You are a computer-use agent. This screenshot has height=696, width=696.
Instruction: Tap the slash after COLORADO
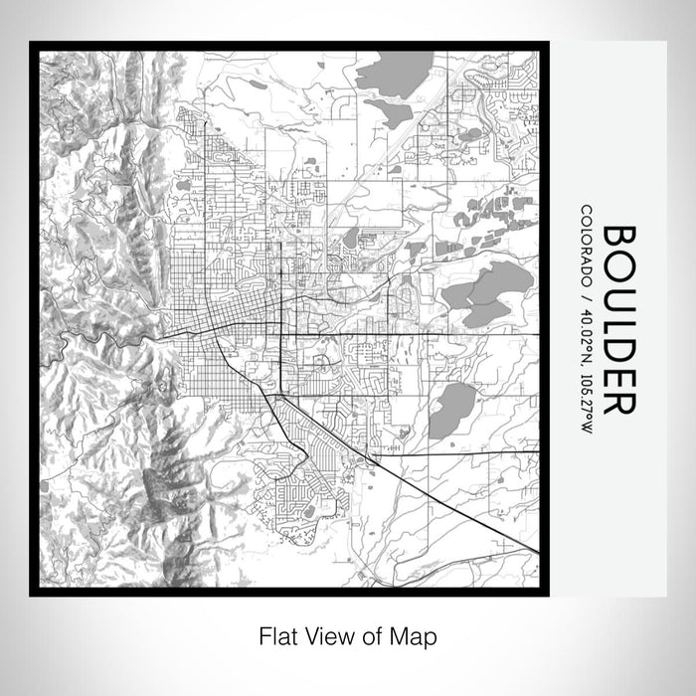click(588, 295)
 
